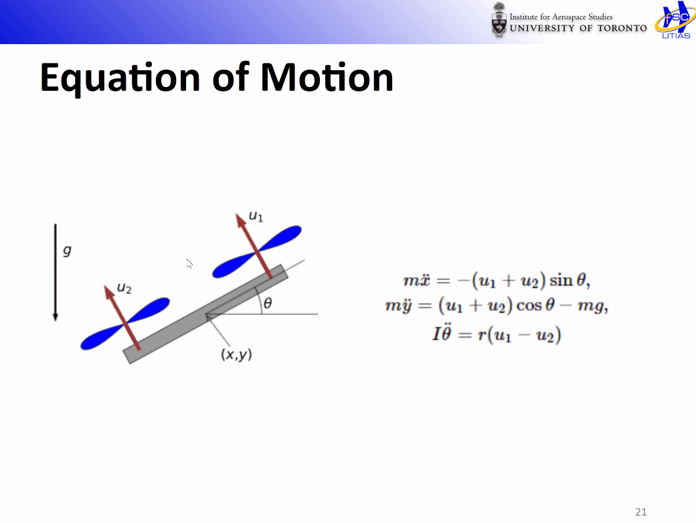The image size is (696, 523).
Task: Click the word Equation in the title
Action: tap(120, 78)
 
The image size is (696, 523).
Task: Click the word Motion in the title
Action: tap(327, 77)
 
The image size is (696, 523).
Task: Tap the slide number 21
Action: tap(641, 512)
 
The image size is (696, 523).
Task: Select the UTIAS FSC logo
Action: tap(675, 20)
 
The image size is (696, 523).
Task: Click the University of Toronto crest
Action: tap(499, 20)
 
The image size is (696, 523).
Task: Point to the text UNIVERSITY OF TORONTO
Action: tap(578, 28)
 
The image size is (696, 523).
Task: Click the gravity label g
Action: tap(67, 251)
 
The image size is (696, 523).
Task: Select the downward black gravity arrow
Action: tap(56, 272)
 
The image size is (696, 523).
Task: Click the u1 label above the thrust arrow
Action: tap(256, 216)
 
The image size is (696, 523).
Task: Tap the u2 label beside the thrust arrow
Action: tap(124, 288)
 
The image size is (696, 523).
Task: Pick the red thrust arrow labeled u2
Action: tap(122, 318)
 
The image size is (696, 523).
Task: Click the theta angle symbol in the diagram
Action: tap(268, 303)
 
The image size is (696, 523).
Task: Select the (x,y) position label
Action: tap(236, 354)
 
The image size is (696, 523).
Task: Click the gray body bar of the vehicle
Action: tap(205, 314)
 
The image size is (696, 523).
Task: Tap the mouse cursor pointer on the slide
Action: tap(189, 264)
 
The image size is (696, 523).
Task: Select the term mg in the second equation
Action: tap(591, 306)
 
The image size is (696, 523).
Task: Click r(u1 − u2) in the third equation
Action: tap(519, 334)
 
